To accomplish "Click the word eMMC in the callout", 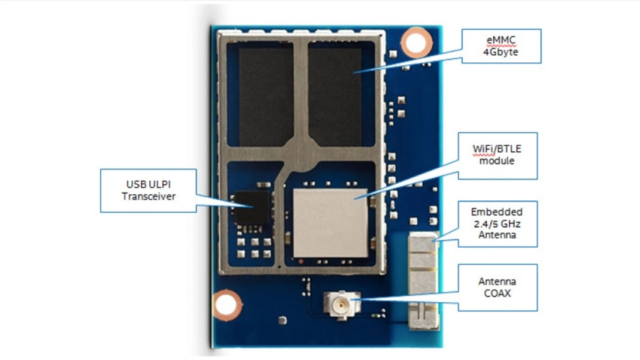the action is (501, 40).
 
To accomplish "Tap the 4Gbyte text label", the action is (500, 52).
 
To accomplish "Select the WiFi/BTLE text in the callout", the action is (497, 149).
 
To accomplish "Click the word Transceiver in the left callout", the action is (148, 196).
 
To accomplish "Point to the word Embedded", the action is (497, 212).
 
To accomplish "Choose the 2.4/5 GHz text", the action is (497, 224).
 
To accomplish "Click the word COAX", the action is (497, 293).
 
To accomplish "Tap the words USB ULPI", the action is (148, 184).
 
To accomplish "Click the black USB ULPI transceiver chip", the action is (251, 207).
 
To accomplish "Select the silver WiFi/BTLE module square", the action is (330, 223).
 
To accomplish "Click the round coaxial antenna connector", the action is (341, 305).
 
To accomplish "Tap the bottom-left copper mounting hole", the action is (226, 305).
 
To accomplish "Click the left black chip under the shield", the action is (266, 97).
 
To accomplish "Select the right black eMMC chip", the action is (335, 97).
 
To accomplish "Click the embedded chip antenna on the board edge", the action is (423, 280).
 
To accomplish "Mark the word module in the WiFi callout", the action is (497, 161).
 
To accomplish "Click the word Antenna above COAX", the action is (497, 281).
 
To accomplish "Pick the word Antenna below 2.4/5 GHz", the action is (497, 235).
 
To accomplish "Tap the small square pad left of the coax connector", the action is (282, 320).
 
